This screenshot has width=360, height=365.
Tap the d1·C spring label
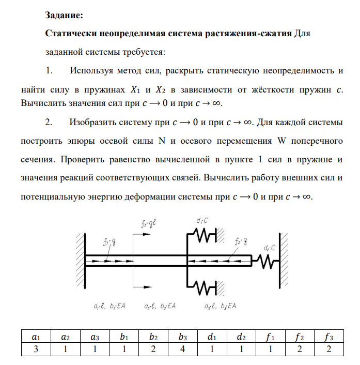point(202,221)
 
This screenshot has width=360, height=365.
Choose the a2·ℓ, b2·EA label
point(160,306)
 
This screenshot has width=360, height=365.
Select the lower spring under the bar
point(206,285)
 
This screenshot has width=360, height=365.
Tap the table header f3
point(327,337)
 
